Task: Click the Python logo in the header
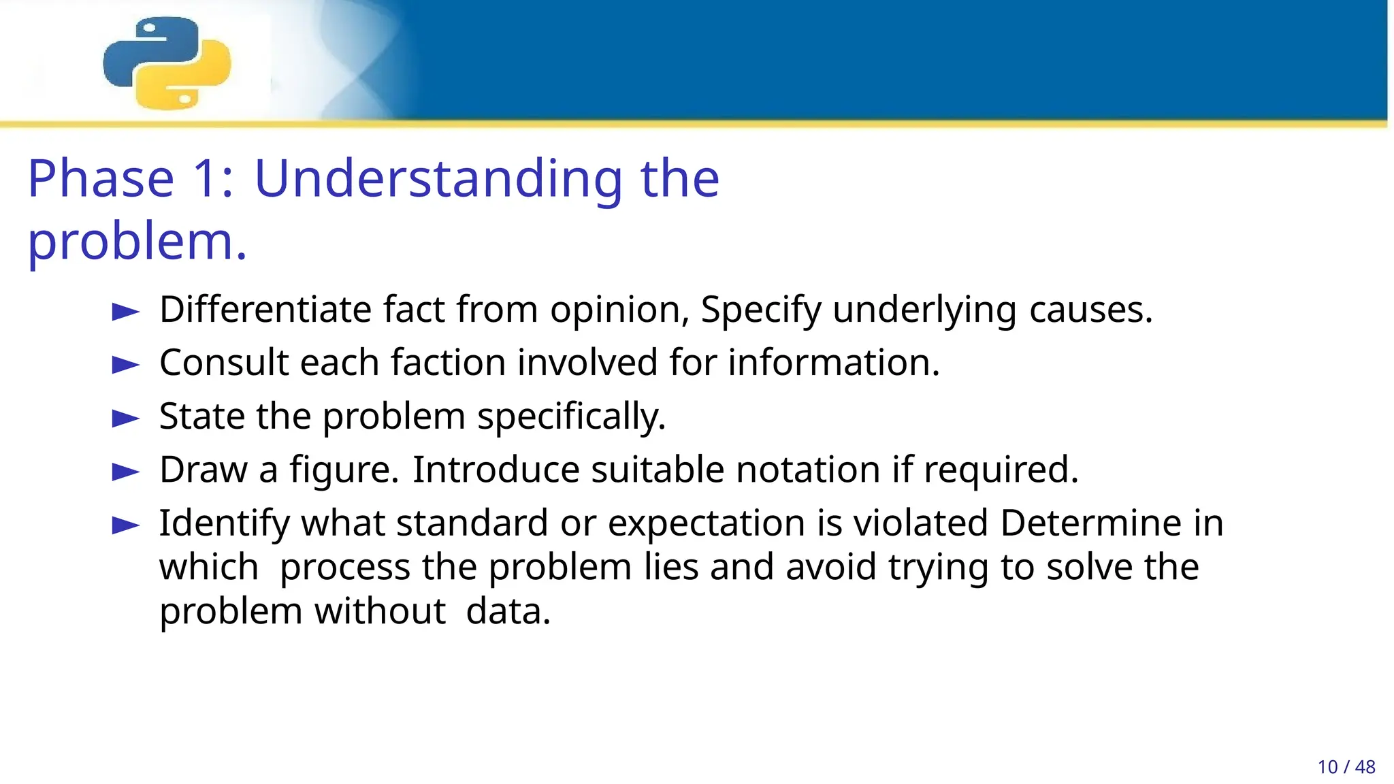click(x=167, y=63)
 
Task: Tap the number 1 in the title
click(x=206, y=178)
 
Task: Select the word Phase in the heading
click(x=101, y=178)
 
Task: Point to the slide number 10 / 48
click(x=1346, y=767)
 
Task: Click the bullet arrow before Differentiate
click(x=126, y=312)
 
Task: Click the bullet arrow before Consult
click(x=126, y=365)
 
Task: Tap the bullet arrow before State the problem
click(x=126, y=418)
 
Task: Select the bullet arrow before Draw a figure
click(x=126, y=471)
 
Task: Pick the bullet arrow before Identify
click(x=126, y=525)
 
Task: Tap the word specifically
click(x=570, y=416)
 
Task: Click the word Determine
click(x=1090, y=523)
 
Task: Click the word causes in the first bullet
click(x=1090, y=310)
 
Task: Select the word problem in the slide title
click(x=136, y=242)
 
